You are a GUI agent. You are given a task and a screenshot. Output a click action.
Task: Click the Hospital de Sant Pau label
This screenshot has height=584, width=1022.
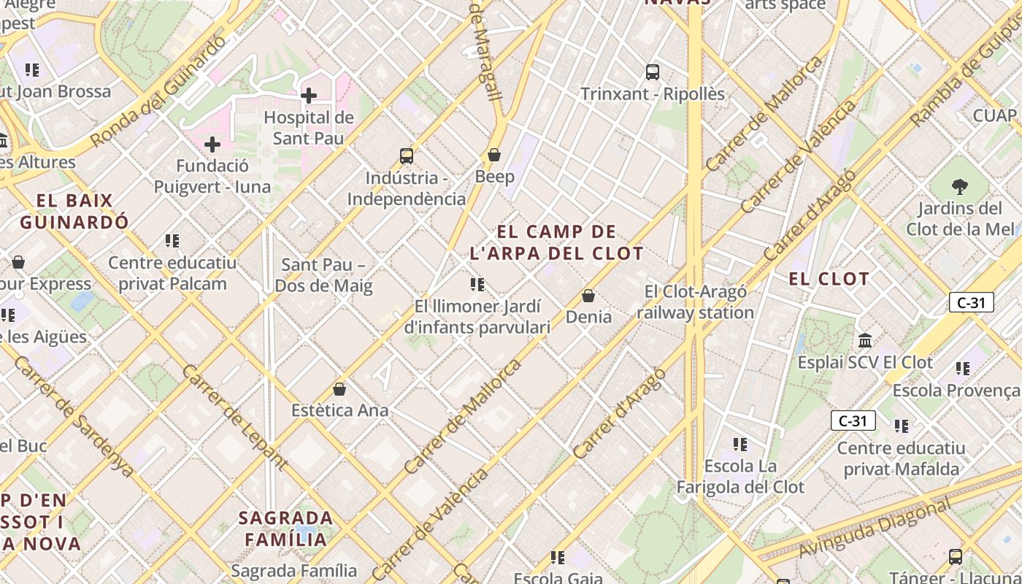308,128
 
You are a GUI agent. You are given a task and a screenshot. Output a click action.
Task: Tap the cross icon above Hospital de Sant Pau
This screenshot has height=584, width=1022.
308,95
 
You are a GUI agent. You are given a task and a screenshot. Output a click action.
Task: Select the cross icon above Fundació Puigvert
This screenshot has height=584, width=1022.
212,145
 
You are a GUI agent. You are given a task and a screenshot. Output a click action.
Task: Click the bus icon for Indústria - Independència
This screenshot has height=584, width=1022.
407,155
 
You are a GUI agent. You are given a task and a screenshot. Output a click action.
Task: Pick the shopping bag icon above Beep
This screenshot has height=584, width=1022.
494,155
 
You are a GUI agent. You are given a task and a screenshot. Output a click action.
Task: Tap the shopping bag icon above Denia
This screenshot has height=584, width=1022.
588,296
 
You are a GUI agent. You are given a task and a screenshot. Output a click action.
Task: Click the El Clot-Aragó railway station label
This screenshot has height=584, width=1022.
695,302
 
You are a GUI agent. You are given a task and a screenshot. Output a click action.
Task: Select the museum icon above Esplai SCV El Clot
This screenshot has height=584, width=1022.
866,340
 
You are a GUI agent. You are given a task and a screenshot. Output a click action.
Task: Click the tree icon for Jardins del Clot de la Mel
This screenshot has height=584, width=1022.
960,187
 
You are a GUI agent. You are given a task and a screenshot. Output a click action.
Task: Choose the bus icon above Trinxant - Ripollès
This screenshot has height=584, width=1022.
653,72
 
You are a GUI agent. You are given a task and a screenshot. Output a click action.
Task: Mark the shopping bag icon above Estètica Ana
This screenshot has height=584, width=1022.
339,389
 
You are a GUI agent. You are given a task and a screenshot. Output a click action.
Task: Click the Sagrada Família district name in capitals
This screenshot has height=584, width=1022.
286,529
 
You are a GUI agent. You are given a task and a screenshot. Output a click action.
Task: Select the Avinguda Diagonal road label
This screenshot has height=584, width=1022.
875,527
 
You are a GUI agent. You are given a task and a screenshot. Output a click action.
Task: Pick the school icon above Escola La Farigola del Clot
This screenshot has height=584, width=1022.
740,444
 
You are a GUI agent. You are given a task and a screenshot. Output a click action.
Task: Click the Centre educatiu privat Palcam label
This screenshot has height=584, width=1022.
172,273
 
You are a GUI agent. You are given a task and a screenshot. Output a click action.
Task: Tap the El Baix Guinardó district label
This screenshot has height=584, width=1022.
74,211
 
